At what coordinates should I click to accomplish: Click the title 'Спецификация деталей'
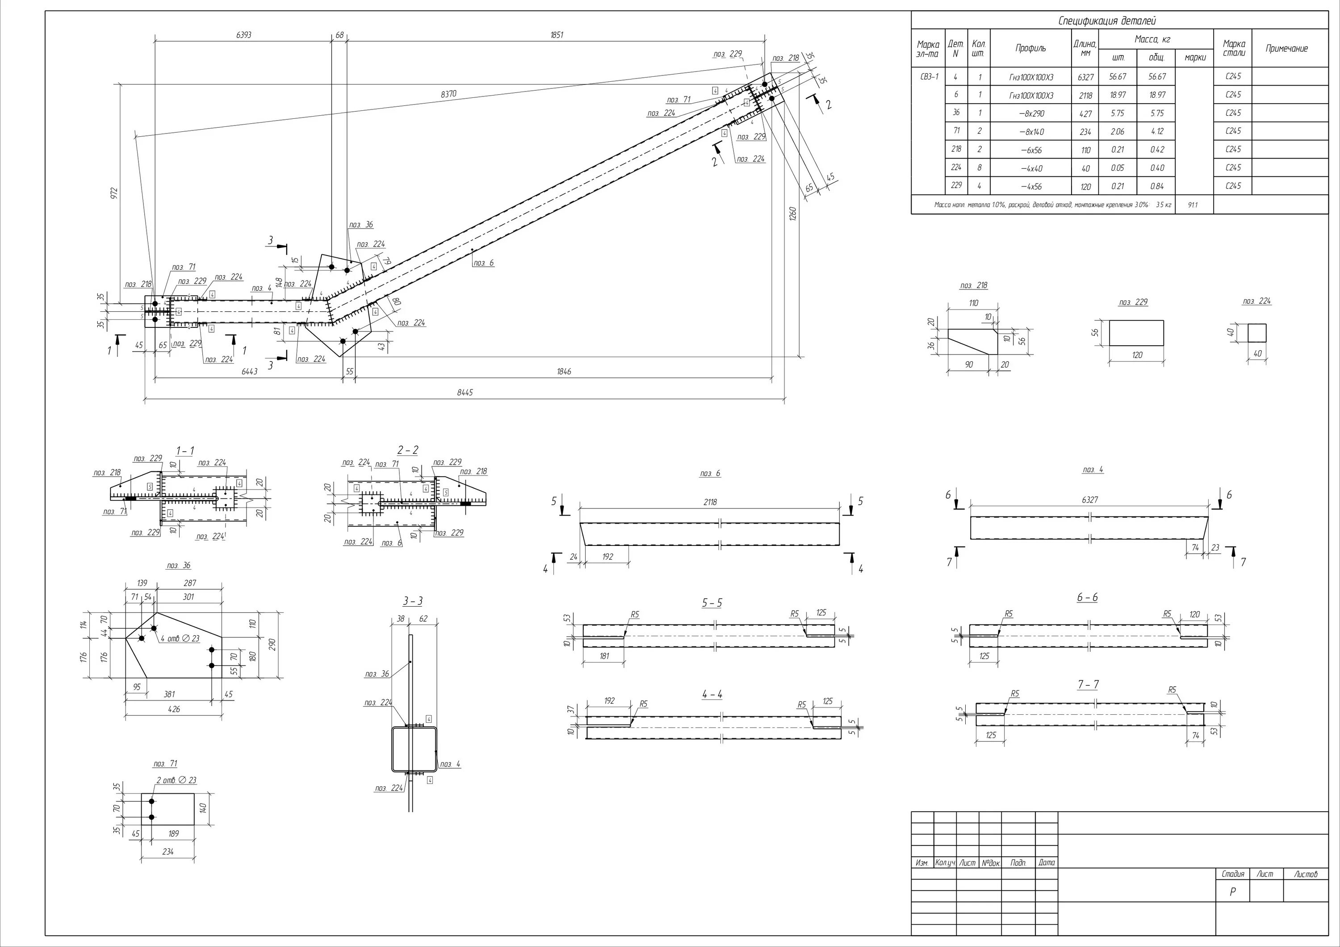1106,21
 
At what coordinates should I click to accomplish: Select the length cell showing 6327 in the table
1085,77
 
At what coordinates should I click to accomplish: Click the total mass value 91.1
1192,205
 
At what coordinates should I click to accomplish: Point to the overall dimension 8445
465,393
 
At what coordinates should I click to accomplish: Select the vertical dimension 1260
792,214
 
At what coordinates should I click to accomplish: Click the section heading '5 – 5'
712,603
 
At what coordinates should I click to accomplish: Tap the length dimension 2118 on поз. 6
710,502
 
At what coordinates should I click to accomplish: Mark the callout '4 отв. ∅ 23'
180,638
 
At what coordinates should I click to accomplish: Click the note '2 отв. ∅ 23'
176,780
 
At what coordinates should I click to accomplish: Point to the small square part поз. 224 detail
1257,333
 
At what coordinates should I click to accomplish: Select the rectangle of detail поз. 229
1136,333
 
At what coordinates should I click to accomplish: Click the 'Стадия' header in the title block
1233,874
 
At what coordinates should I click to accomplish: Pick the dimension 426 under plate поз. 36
174,709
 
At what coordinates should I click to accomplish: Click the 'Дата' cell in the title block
1047,863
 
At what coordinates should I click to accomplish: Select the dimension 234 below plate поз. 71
167,852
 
